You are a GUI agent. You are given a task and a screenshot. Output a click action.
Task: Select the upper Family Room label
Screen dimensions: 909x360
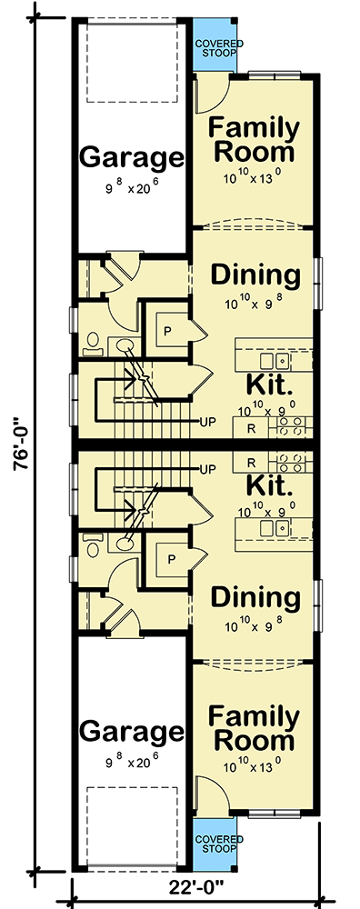point(252,138)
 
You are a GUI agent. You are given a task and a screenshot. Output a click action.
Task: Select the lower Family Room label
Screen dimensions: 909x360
point(252,726)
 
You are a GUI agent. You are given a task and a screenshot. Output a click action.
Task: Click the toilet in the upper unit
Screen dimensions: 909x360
point(94,343)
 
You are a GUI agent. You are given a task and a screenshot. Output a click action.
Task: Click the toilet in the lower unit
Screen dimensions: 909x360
point(94,546)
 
